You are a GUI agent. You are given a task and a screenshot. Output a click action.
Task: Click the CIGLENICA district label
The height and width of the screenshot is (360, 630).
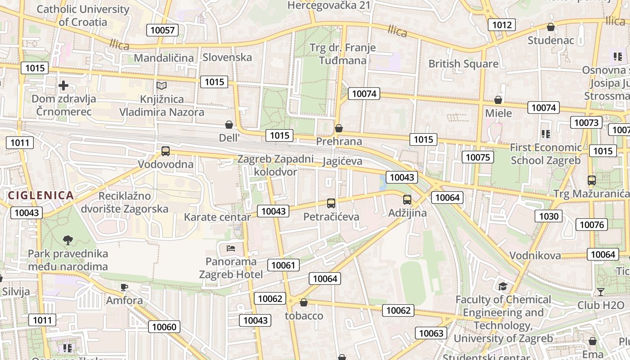(40, 195)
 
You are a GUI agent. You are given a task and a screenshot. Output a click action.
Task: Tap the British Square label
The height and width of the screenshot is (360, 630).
(463, 64)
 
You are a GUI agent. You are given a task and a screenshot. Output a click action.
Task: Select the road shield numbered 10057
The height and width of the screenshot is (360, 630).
(162, 30)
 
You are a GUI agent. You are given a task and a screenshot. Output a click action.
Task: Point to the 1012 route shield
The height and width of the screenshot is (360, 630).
(502, 25)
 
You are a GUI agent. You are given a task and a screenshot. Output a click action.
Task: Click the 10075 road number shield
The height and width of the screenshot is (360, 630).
(477, 157)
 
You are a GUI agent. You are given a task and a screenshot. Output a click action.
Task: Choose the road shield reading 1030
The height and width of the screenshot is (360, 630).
(549, 216)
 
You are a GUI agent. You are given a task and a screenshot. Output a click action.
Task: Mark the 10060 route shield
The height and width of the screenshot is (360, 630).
(164, 327)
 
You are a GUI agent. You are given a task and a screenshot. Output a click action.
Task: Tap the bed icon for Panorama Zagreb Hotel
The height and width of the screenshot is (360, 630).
(231, 248)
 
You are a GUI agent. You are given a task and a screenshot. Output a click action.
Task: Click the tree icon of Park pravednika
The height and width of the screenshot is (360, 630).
(68, 240)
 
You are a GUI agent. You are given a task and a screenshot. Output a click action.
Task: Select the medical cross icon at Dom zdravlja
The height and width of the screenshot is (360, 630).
(63, 85)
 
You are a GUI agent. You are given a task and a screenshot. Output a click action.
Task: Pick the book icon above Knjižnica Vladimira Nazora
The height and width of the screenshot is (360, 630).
(162, 85)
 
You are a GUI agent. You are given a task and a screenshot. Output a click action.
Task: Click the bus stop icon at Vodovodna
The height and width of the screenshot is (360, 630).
(166, 151)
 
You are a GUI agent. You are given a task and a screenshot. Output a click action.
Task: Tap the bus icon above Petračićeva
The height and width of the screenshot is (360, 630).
(331, 203)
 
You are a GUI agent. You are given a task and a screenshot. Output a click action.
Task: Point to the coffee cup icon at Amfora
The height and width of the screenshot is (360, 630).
(124, 287)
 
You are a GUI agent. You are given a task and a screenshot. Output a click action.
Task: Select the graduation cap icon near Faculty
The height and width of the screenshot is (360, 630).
(503, 287)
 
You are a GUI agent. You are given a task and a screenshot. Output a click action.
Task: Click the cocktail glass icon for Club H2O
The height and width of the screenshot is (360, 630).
(600, 292)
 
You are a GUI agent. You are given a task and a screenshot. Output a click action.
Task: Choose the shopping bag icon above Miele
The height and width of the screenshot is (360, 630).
(498, 99)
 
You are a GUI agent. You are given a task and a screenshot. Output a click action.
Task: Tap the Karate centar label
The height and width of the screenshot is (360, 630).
(217, 217)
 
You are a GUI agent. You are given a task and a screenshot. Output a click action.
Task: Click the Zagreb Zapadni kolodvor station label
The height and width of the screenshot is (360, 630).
(275, 165)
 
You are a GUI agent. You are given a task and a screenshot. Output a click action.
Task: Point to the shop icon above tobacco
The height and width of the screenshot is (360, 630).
(304, 302)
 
